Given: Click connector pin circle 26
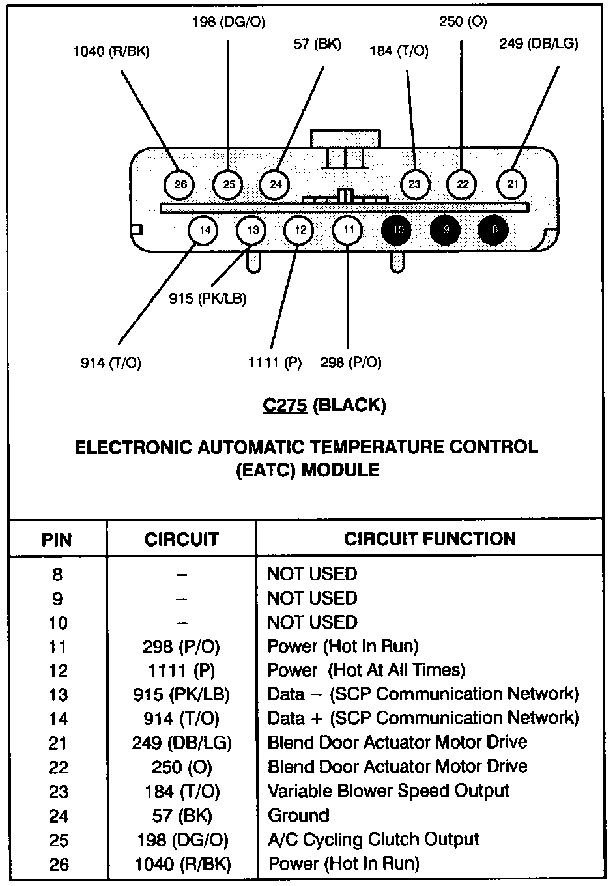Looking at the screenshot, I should click(180, 184).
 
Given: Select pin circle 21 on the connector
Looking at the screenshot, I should click(513, 184).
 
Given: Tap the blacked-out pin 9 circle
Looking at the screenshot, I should click(446, 229).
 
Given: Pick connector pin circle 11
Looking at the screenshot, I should click(349, 229).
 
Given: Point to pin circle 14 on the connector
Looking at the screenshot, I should click(204, 229).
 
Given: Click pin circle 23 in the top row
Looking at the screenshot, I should click(415, 184).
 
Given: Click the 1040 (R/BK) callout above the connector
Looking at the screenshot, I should click(111, 51).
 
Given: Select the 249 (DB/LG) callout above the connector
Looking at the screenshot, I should click(539, 44).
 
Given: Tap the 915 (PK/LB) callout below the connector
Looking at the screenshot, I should click(208, 298).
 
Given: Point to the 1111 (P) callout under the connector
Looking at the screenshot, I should click(275, 362).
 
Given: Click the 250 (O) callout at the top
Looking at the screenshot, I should click(463, 21).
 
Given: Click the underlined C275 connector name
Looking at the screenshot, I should click(285, 405).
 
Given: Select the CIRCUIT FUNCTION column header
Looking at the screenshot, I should click(429, 539).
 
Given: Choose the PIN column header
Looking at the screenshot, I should click(57, 540).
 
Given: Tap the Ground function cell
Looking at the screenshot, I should click(298, 815).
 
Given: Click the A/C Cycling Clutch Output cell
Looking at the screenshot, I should click(373, 839).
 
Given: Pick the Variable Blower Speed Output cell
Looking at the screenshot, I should click(388, 791).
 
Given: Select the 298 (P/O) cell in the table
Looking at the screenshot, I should click(182, 646).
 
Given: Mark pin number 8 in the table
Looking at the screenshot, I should click(57, 575).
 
